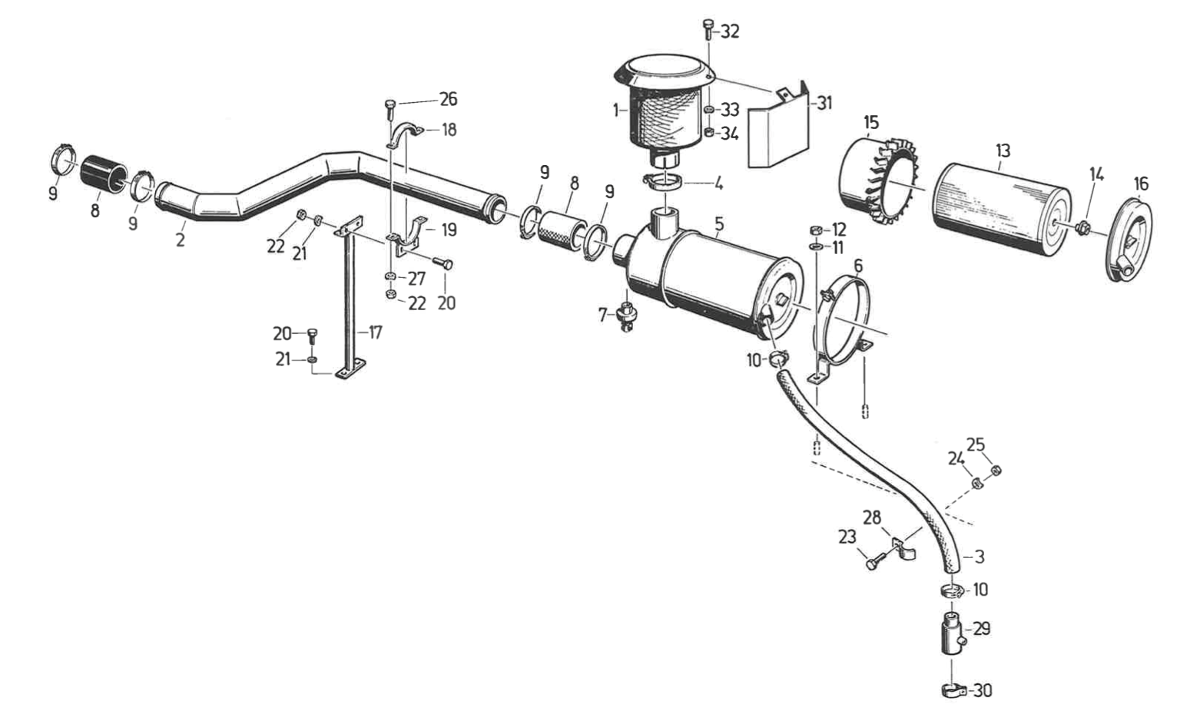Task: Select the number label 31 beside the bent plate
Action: tap(824, 102)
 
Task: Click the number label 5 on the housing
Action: tap(719, 225)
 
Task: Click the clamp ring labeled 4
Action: tap(665, 182)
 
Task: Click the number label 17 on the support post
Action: tap(375, 333)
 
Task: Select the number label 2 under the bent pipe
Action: tap(180, 240)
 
